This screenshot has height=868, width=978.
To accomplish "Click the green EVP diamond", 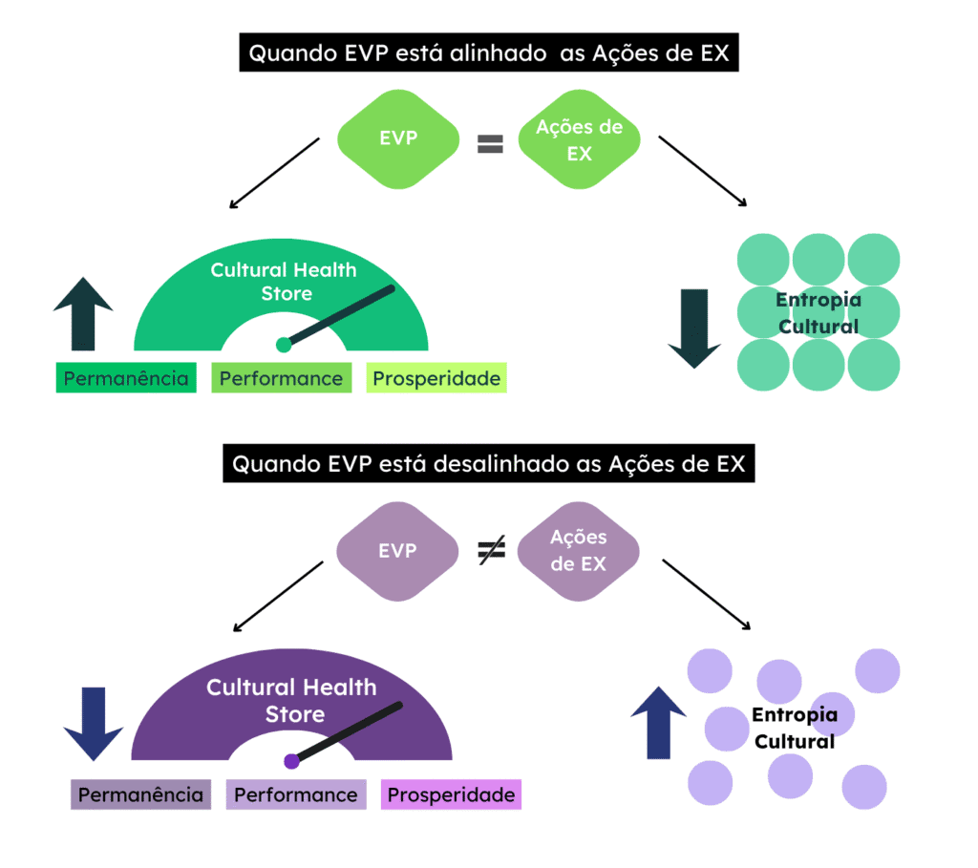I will tap(398, 138).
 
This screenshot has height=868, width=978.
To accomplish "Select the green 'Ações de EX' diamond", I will tap(579, 139).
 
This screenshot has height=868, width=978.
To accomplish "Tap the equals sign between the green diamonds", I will tap(490, 144).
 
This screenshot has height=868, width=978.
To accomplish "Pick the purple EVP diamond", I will tap(397, 551).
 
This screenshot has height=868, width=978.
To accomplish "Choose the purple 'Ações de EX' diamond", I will tap(578, 551).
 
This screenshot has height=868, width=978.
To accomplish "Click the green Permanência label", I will tap(126, 378).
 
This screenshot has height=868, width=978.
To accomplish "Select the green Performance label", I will tap(281, 378).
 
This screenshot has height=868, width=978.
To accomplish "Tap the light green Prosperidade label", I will tap(436, 378).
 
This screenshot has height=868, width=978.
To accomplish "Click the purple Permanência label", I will tap(140, 794).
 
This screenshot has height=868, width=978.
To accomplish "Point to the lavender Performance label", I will tap(296, 794).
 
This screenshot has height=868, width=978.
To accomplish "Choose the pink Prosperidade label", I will tap(451, 794).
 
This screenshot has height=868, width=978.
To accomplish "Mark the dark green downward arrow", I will tap(694, 328).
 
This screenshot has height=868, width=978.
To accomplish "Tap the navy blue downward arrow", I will tap(94, 723).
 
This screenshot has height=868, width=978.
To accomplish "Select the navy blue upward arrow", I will tap(659, 723).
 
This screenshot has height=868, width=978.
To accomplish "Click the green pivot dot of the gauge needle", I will tap(283, 344).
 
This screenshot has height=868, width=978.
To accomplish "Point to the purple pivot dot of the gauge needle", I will tap(291, 761).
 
